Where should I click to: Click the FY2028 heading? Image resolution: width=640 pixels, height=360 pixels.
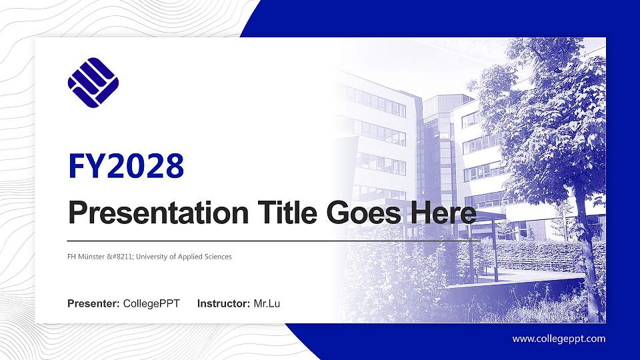[126, 167]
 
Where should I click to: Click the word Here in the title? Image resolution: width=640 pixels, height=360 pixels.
[443, 213]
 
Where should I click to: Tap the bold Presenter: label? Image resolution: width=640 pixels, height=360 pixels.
[93, 304]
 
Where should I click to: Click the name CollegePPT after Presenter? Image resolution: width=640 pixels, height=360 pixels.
[151, 304]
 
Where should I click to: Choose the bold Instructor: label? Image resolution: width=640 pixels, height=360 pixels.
[224, 304]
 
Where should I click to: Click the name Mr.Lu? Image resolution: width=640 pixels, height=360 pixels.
[267, 304]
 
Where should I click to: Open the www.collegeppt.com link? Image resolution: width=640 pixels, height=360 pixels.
[559, 339]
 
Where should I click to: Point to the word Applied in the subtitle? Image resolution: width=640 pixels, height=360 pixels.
[190, 257]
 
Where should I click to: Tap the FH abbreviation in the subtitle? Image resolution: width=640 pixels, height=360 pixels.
[72, 257]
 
